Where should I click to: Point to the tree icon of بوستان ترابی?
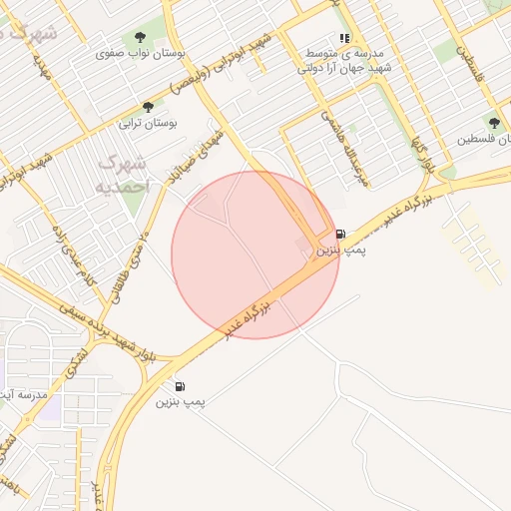click(148, 108)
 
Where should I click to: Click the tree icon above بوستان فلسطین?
click(494, 123)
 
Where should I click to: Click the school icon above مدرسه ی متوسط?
click(344, 41)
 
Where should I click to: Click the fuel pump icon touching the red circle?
click(340, 234)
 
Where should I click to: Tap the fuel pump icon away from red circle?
click(180, 386)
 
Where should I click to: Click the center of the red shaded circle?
click(255, 255)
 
